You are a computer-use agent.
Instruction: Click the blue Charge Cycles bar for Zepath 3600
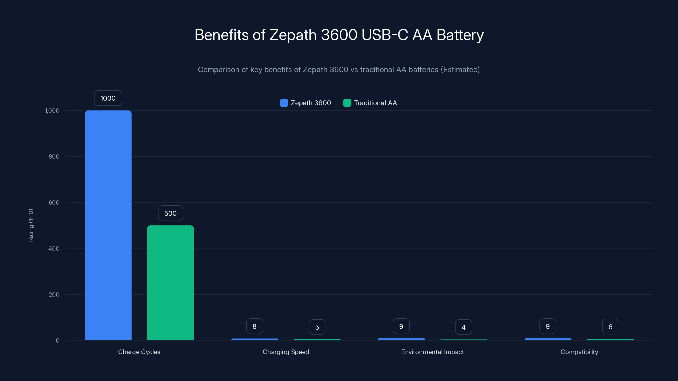[x=108, y=225]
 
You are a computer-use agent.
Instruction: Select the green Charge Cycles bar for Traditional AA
[x=170, y=283]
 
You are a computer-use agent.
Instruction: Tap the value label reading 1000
[x=108, y=98]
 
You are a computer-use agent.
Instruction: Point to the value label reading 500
[x=170, y=213]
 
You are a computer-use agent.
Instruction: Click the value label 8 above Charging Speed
[x=254, y=326]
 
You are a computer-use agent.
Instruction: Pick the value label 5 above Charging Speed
[x=317, y=327]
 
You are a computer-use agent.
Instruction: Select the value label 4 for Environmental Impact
[x=464, y=327]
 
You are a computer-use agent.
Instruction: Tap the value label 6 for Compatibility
[x=610, y=327]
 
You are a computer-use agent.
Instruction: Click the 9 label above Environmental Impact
[x=401, y=326]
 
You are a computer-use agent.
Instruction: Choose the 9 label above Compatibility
[x=548, y=326]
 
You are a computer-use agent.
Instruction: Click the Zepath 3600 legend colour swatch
[x=284, y=103]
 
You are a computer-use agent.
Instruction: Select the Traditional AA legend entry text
[x=375, y=103]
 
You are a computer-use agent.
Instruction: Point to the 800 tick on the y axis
[x=54, y=156]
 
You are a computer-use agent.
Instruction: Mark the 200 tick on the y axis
[x=54, y=294]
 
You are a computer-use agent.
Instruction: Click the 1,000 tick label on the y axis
[x=52, y=110]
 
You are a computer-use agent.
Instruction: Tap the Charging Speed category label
[x=286, y=352]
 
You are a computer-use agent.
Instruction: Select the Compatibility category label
[x=579, y=352]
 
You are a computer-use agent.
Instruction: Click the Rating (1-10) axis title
[x=31, y=225]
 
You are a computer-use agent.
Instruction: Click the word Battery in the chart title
[x=460, y=35]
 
